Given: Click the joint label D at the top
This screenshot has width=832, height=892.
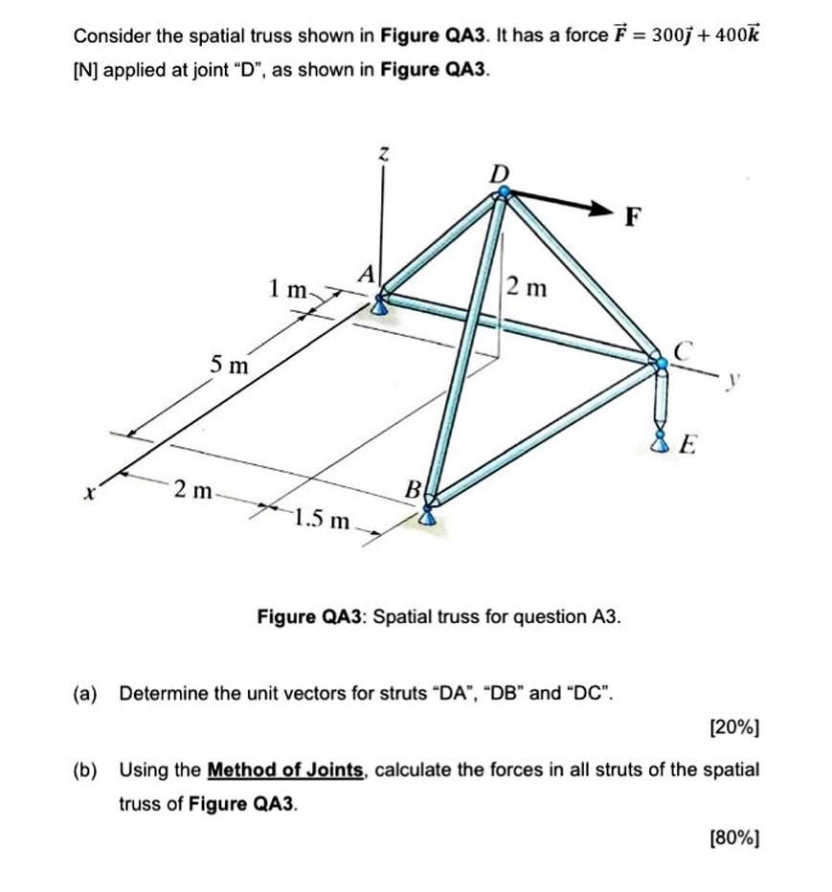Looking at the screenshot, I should coord(499,173).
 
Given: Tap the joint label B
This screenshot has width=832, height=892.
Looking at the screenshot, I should coord(414,490).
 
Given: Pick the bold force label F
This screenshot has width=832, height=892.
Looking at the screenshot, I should coord(631,217).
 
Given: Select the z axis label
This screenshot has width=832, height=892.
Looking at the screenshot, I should coord(383,153).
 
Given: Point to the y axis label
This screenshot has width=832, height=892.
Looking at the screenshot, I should coord(734,380).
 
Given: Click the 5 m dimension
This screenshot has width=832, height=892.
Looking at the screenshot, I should coord(230,365).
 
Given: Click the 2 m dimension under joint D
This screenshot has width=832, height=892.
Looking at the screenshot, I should coord(528,285).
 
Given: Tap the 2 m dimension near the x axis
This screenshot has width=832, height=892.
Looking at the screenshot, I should coord(193,491).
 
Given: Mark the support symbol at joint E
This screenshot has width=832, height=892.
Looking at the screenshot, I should coord(659,441).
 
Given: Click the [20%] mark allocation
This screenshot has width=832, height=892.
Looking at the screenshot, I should coord(734,728).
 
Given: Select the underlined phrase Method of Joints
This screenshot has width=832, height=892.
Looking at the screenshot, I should coord(285,769).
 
